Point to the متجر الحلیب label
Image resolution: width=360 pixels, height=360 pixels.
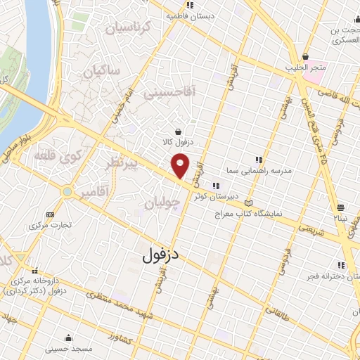click(304, 67)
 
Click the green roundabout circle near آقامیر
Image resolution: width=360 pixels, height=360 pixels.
click(67, 191)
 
